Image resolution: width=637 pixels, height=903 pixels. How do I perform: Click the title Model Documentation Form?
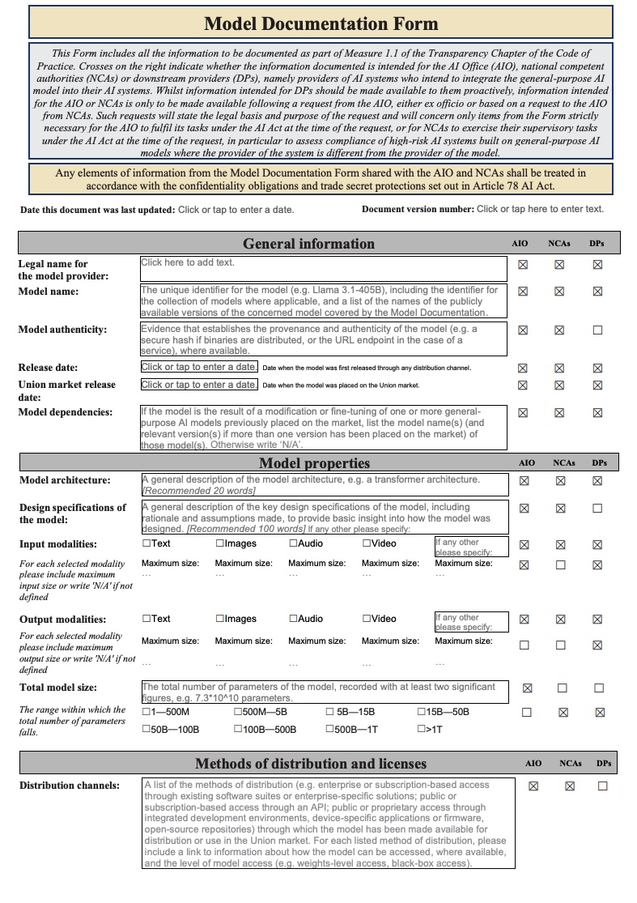[x=321, y=23]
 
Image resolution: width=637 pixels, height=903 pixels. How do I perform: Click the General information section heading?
[x=308, y=244]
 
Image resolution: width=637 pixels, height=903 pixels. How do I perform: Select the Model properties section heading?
[x=314, y=463]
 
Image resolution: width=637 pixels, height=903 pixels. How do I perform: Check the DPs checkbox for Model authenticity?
[x=597, y=330]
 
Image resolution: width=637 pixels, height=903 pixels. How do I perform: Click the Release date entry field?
[x=199, y=367]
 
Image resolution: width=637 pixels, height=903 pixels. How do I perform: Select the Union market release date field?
[x=199, y=385]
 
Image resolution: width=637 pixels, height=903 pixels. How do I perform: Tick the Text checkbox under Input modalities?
[x=147, y=543]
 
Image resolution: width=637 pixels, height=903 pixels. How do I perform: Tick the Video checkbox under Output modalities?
[x=367, y=619]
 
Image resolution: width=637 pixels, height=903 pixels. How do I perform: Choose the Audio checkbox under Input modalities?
[x=293, y=543]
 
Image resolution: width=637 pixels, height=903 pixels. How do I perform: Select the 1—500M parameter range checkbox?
[x=147, y=712]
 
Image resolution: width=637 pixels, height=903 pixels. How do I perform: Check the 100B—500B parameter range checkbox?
[x=238, y=729]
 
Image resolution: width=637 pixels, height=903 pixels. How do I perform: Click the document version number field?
[x=540, y=209]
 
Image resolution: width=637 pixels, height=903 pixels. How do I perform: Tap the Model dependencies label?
[x=65, y=412]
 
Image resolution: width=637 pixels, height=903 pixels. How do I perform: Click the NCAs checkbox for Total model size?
[x=562, y=688]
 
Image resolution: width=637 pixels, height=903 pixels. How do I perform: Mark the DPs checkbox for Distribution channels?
[x=602, y=786]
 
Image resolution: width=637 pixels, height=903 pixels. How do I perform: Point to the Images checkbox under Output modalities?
[x=220, y=619]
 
